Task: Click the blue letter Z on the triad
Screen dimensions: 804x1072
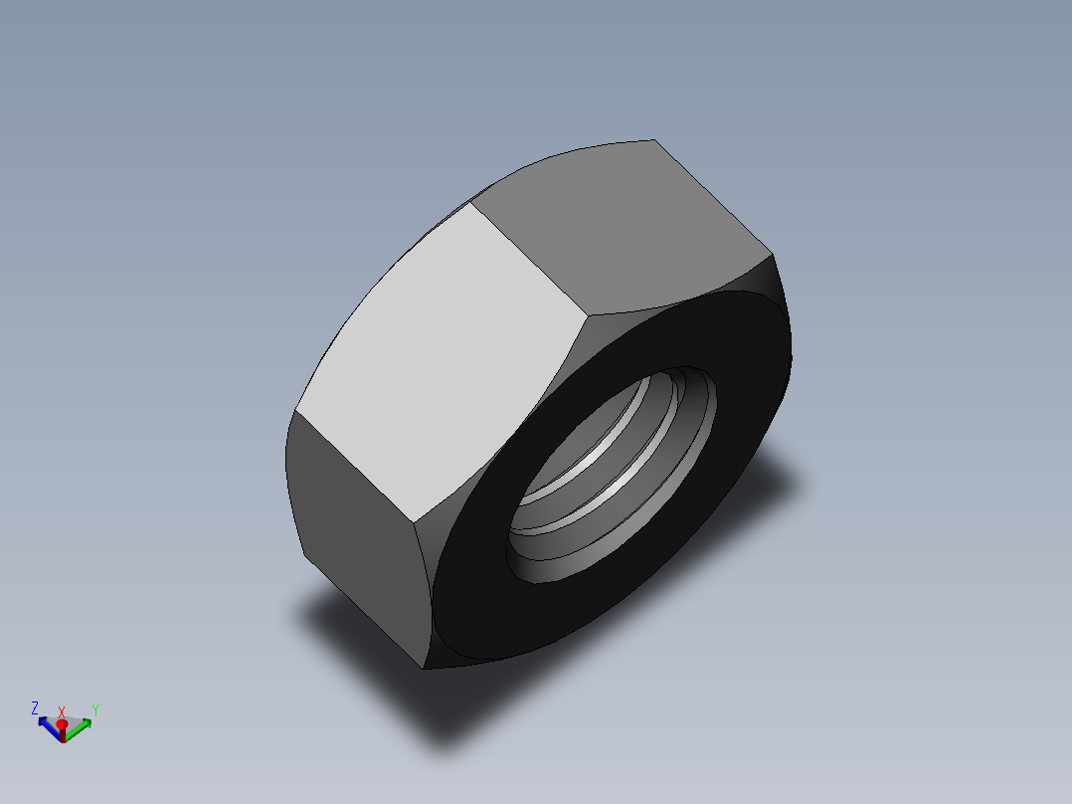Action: point(35,707)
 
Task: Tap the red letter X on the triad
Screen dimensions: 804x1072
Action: point(62,711)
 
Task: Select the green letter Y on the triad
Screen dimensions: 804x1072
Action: point(94,709)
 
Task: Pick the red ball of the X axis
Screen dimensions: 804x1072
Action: point(62,725)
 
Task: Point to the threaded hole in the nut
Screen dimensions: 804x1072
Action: point(612,468)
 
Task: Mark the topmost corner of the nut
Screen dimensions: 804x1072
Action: point(653,140)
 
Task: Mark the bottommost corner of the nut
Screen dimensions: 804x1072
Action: point(425,668)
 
